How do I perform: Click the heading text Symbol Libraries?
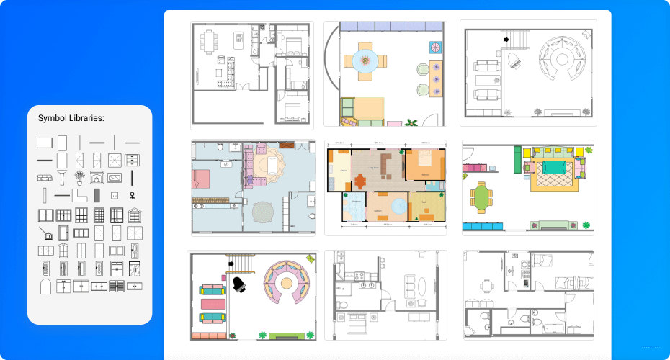coord(72,118)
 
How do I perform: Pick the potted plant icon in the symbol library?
coord(79,177)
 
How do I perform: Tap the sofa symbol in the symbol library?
coord(44,177)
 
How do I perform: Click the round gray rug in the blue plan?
coord(263,212)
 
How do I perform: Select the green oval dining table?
coord(482,196)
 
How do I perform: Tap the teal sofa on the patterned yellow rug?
coord(555,168)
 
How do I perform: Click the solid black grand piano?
coord(239,285)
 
